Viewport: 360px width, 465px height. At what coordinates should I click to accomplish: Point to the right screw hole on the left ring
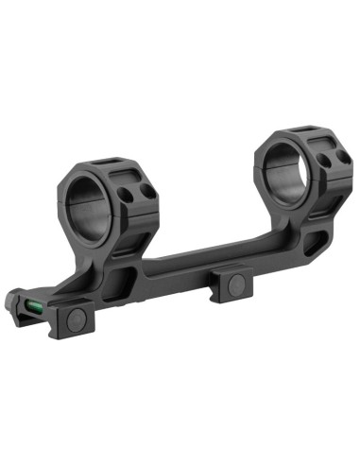click(x=146, y=190)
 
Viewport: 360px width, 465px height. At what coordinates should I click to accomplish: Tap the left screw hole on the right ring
click(x=324, y=161)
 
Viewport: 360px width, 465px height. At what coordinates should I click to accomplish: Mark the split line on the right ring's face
click(x=258, y=167)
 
